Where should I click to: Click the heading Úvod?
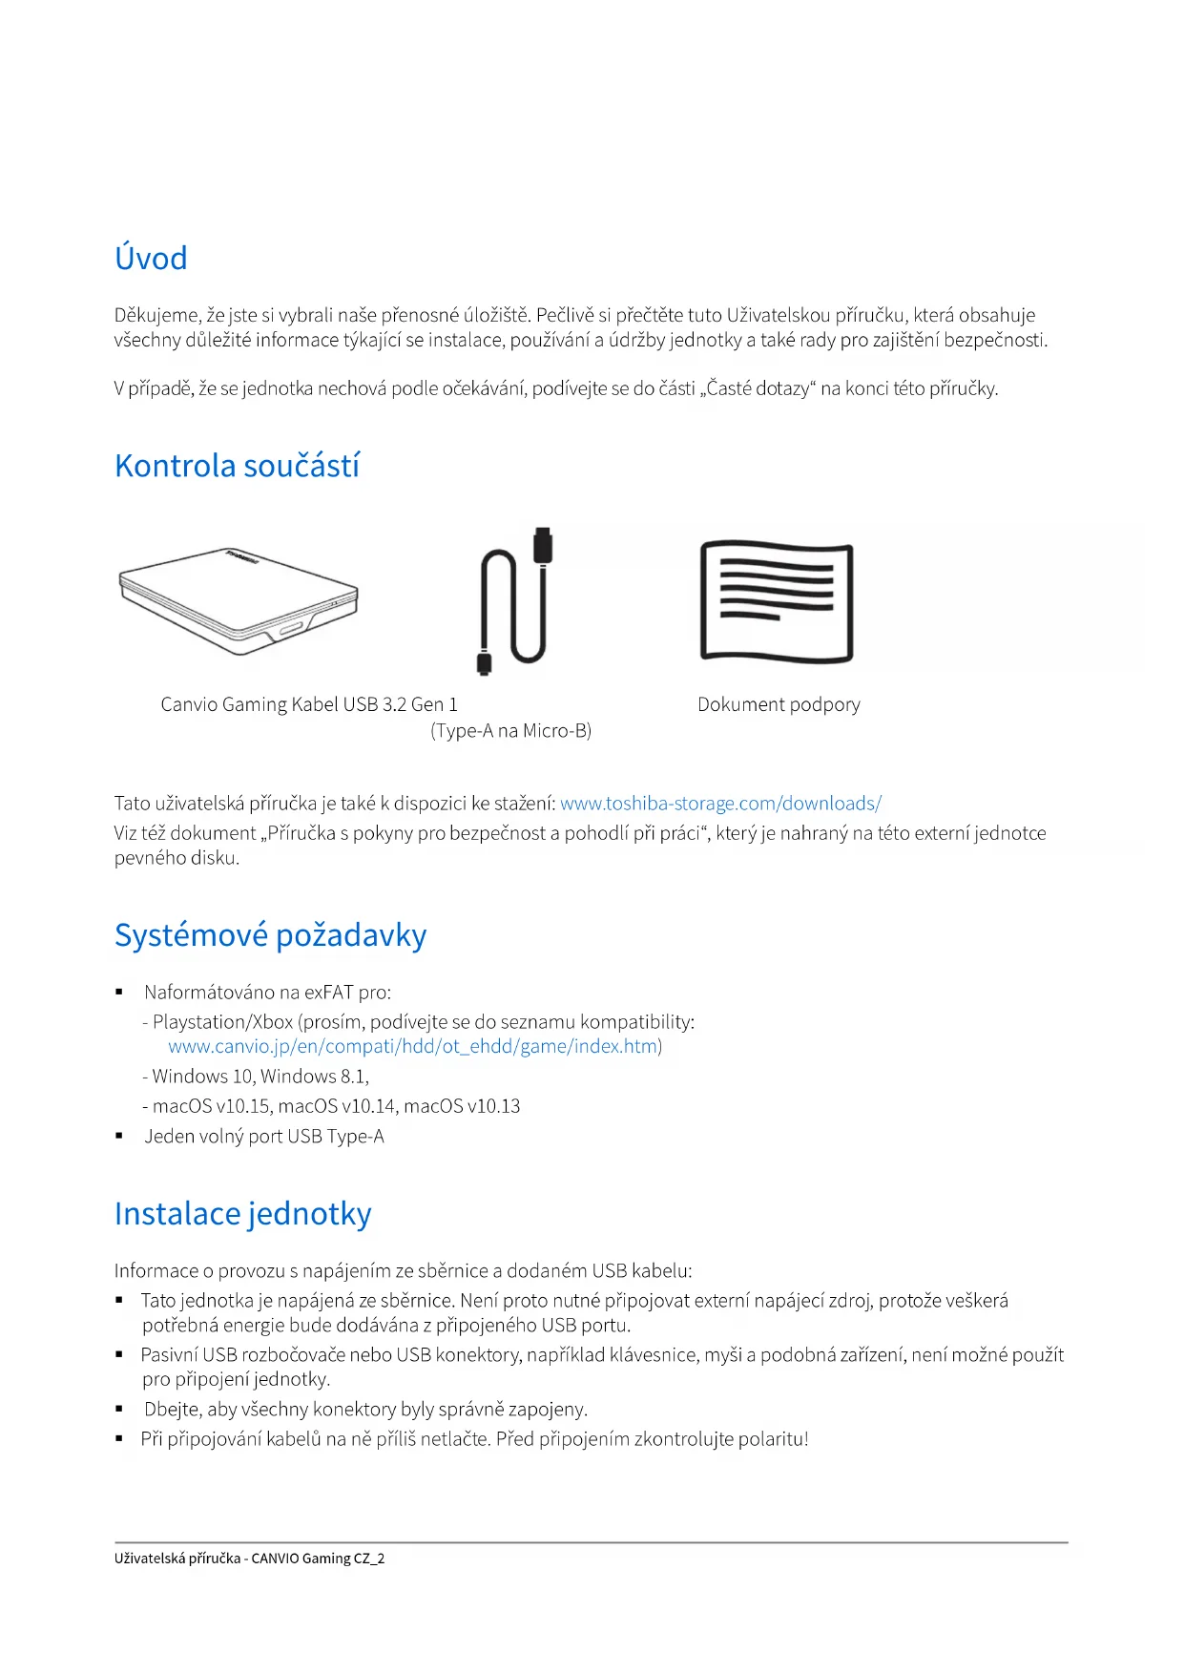click(151, 259)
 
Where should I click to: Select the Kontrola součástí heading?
click(237, 466)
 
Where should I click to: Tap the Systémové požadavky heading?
click(270, 935)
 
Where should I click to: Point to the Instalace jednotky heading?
click(242, 1214)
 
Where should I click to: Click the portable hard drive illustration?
click(239, 601)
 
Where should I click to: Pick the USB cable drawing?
click(514, 601)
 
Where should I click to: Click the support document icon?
click(777, 601)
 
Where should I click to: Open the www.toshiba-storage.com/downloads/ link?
click(720, 804)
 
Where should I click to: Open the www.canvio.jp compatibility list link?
click(413, 1046)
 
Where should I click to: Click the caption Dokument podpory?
click(779, 704)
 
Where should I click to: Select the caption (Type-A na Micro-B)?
click(510, 731)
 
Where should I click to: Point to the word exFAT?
click(329, 993)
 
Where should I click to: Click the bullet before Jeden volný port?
click(119, 1137)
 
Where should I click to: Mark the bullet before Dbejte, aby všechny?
click(119, 1410)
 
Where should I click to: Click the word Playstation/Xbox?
click(222, 1022)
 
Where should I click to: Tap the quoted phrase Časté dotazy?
click(758, 388)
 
